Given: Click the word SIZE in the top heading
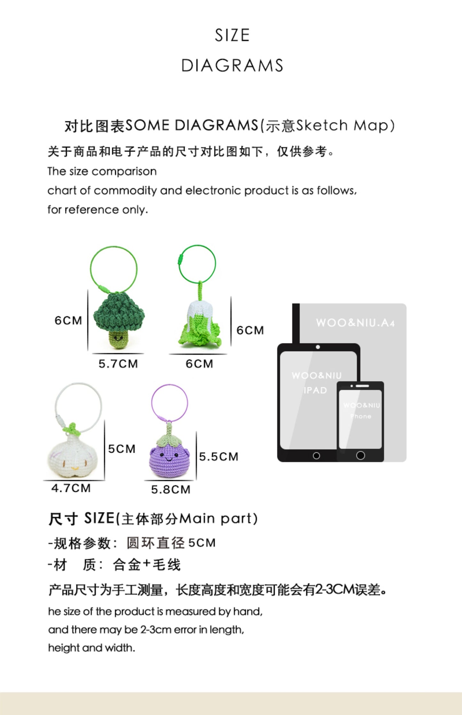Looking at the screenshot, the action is coord(232,35).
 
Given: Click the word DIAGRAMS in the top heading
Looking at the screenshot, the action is coord(232,66).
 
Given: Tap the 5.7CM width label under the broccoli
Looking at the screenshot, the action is coord(118,364).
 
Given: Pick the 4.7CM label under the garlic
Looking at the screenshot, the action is coord(71,488).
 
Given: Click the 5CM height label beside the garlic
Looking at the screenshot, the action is coord(122,449).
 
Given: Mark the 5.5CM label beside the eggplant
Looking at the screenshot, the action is coord(219,457).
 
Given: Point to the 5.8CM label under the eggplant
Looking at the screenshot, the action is coord(171,490).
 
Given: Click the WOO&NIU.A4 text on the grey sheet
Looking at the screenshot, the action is coord(356,323).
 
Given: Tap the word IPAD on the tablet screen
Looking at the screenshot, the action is coord(315,390).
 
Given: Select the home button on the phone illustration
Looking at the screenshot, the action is coord(360,455).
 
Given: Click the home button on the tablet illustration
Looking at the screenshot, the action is coord(316,456).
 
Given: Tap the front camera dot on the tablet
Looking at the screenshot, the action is coord(318,347).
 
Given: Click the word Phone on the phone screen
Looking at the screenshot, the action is coord(361,416).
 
